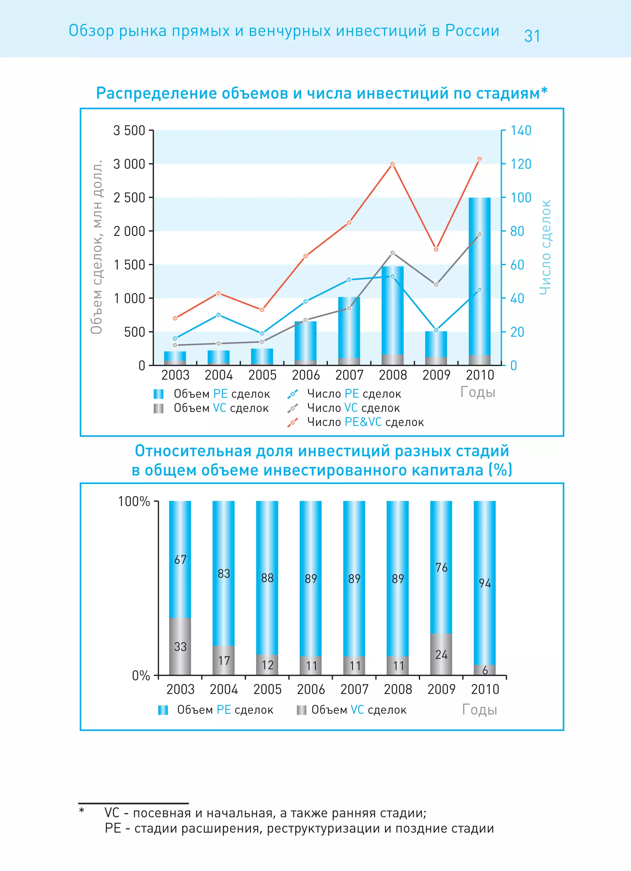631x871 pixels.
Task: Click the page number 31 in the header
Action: click(x=532, y=36)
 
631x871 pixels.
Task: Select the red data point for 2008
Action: click(x=392, y=164)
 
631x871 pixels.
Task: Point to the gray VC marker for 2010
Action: click(x=479, y=234)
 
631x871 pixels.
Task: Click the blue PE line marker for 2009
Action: click(x=436, y=330)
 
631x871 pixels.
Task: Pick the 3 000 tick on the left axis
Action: click(x=129, y=164)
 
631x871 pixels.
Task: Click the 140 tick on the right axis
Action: click(x=520, y=131)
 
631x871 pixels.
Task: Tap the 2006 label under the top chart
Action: click(x=306, y=375)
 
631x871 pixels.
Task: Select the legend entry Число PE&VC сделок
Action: click(x=365, y=422)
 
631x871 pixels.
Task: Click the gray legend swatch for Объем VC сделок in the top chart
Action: click(x=158, y=408)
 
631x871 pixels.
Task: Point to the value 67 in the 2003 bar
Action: click(x=180, y=560)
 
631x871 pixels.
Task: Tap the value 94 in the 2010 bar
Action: click(x=485, y=583)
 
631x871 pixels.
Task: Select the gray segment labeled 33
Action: click(x=180, y=647)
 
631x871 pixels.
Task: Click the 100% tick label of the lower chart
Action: click(x=134, y=502)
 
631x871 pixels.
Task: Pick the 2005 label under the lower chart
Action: click(x=267, y=690)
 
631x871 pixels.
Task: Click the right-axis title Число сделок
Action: click(x=545, y=248)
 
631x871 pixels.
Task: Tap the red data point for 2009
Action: click(x=436, y=249)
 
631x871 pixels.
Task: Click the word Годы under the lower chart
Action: click(x=479, y=710)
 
